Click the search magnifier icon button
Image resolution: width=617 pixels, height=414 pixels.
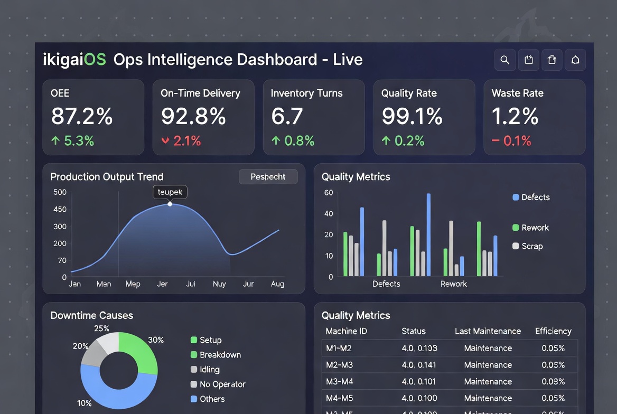504,60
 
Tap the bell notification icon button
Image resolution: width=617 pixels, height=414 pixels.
575,60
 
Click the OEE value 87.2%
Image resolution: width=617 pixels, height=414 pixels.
82,116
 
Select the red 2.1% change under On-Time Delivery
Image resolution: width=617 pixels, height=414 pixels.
181,141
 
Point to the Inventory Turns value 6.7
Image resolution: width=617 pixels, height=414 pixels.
287,116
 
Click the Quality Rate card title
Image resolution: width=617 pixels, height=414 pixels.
409,93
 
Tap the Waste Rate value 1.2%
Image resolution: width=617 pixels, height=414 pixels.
515,116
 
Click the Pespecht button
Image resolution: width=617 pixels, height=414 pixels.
268,177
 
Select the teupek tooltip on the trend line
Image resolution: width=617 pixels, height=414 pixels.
170,192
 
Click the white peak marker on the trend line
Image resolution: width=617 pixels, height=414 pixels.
170,204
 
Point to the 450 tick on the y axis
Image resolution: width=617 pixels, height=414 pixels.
60,210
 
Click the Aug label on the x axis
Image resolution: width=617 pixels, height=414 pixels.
277,284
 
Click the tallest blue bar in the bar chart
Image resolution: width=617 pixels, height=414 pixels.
428,234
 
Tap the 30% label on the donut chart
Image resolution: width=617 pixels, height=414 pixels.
156,340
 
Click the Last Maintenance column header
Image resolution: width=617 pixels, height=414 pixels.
488,332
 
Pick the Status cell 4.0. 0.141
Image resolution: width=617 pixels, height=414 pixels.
419,365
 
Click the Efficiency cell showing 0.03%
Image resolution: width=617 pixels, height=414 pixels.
553,382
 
